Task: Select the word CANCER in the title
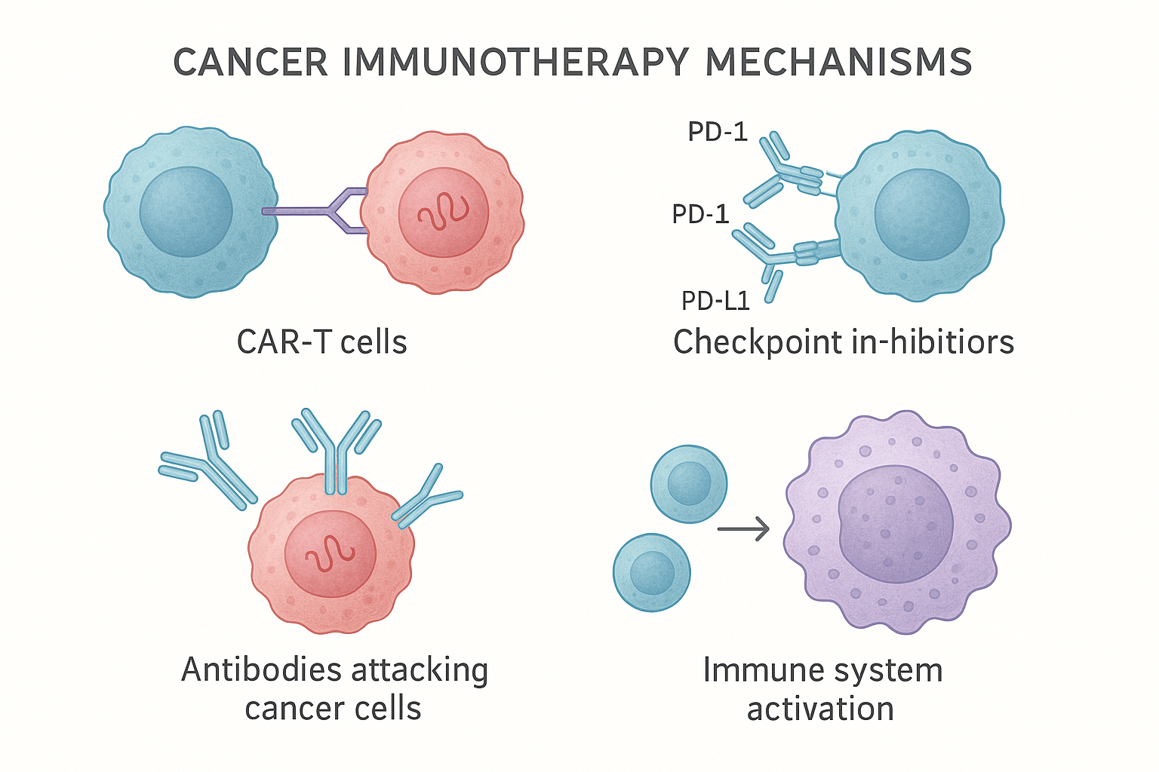[x=251, y=63]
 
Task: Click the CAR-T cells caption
[x=321, y=342]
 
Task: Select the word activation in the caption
[x=820, y=709]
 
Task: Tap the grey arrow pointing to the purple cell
[x=742, y=529]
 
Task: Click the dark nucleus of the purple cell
[x=895, y=524]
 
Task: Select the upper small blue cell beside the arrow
[x=689, y=484]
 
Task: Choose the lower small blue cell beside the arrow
[x=652, y=572]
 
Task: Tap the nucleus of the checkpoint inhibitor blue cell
[x=921, y=215]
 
